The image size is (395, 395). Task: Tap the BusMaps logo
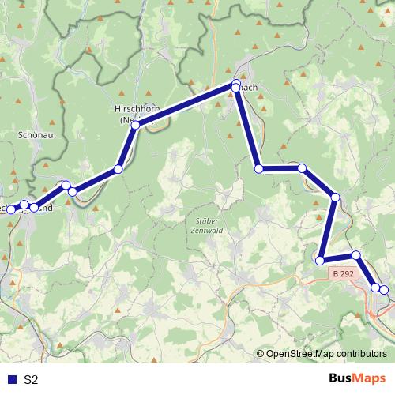pyautogui.click(x=356, y=378)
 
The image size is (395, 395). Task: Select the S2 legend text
pyautogui.click(x=31, y=379)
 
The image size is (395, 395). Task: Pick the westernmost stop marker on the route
pyautogui.click(x=10, y=208)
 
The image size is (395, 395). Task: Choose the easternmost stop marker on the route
pyautogui.click(x=384, y=290)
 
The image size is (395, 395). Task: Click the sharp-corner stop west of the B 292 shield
pyautogui.click(x=320, y=260)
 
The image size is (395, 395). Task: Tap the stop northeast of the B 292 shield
pyautogui.click(x=356, y=255)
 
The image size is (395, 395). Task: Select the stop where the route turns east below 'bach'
pyautogui.click(x=258, y=168)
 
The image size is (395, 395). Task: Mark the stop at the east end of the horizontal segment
pyautogui.click(x=302, y=168)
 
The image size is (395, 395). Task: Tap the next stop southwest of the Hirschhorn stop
pyautogui.click(x=118, y=169)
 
